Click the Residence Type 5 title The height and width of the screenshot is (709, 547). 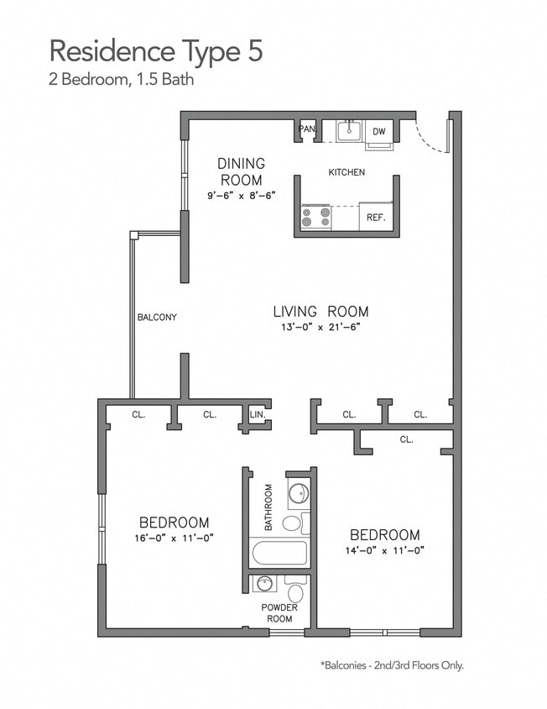coord(156,50)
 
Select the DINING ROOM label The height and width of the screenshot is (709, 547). coord(241,171)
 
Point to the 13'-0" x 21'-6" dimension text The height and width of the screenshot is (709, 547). coord(320,328)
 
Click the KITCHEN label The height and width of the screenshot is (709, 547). coord(346,172)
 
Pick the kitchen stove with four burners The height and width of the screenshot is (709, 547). coord(316,217)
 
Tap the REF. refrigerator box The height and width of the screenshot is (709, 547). coord(375,217)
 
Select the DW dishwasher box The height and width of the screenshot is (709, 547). coord(379,132)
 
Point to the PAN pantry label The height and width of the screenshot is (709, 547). coord(306,129)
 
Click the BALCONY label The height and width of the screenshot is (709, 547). coord(157,317)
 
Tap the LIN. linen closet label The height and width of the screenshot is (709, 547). coord(258,413)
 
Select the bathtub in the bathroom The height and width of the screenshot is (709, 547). coord(279,553)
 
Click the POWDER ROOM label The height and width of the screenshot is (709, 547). coord(279,613)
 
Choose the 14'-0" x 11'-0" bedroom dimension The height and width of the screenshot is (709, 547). coord(384,551)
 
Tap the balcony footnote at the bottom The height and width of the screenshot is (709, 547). coord(391,665)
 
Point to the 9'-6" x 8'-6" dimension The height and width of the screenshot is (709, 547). coord(241,195)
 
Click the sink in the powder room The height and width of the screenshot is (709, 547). coord(266,582)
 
